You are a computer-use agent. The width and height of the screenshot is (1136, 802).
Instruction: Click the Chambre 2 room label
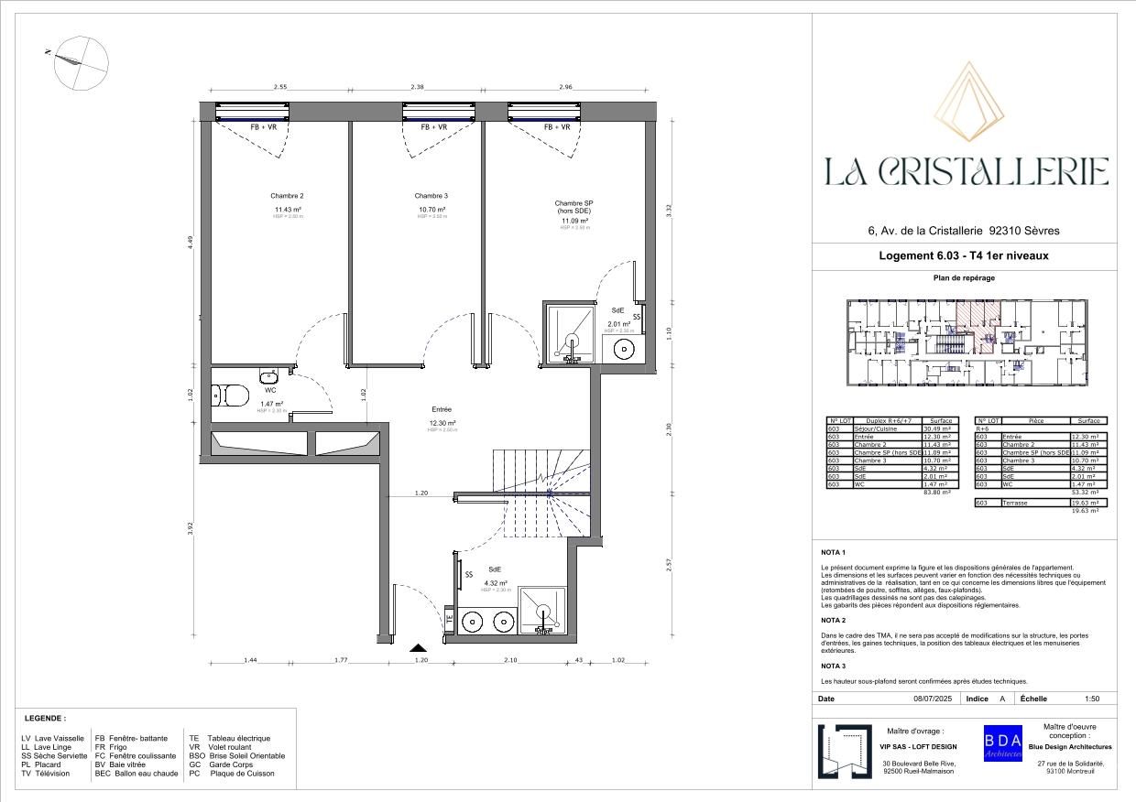(287, 196)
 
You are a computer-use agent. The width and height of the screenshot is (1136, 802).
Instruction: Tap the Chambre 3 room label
(431, 196)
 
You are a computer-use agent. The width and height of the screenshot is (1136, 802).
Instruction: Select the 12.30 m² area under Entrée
(441, 423)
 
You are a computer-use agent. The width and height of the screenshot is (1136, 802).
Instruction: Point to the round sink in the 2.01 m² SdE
(625, 350)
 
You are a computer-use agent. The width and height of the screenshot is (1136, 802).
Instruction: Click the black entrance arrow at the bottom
(419, 647)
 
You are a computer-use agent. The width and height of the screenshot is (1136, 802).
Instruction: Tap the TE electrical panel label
(450, 620)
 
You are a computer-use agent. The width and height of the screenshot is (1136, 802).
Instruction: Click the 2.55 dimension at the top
(280, 87)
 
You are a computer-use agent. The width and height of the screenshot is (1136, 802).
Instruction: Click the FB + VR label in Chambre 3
(433, 127)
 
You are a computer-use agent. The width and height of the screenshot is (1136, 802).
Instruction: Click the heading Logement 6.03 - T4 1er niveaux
(963, 256)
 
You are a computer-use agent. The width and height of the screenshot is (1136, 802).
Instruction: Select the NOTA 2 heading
(833, 620)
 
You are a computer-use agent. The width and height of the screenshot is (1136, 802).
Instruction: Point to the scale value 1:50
(1091, 699)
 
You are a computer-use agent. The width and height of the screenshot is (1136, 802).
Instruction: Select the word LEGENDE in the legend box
(45, 719)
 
